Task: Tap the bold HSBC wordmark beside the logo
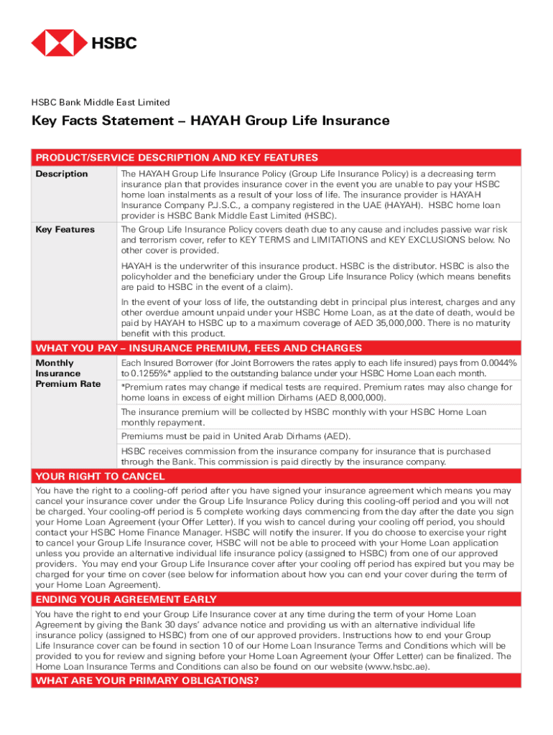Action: [113, 44]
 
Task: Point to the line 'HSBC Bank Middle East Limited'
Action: [101, 103]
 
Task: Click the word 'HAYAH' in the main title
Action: [215, 121]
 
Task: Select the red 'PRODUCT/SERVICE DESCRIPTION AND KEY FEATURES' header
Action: [177, 158]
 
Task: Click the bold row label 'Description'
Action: [62, 174]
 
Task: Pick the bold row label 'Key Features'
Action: [65, 230]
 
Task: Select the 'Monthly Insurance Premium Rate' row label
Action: [68, 374]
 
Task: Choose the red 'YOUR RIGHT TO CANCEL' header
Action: [101, 477]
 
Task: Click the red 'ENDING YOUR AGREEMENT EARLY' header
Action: [126, 599]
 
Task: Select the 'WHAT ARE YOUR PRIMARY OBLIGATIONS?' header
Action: [147, 681]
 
